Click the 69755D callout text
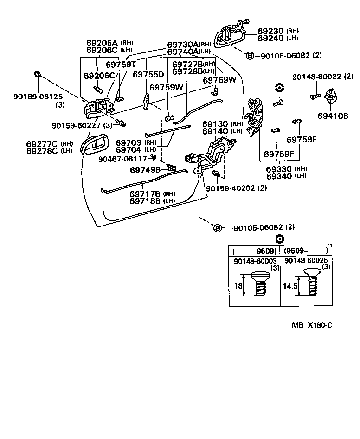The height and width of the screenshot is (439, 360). pos(148,75)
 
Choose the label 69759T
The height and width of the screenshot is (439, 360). pos(121,65)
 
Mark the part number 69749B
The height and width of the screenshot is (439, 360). pos(145,170)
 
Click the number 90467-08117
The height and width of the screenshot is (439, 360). pos(123,159)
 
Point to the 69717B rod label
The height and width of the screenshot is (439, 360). pos(145,194)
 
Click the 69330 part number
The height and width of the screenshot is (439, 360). pos(280,168)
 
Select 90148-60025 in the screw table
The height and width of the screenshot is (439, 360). pos(307,262)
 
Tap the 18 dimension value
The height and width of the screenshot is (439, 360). pos(238,286)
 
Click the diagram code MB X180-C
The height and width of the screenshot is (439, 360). pos(312,325)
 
